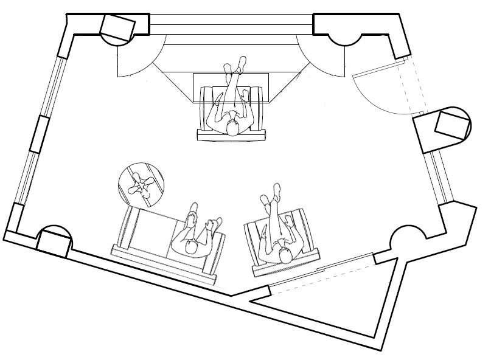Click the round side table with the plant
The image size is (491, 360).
(141, 184)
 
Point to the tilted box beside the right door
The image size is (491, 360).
(453, 126)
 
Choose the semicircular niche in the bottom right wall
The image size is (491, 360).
(405, 237)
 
